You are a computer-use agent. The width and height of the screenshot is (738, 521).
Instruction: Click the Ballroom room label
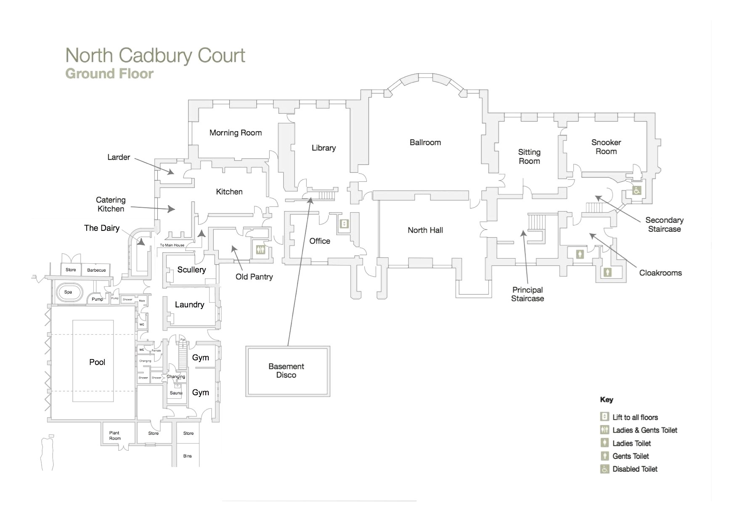pos(425,143)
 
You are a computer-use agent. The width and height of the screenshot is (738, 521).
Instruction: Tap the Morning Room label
pos(236,133)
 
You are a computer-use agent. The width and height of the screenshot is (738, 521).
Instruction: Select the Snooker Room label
pos(606,147)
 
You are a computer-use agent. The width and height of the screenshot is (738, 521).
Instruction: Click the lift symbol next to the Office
pos(344,224)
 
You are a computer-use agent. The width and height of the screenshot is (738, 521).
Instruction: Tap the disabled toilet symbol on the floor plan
pos(637,190)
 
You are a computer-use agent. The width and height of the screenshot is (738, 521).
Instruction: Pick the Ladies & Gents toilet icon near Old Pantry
pos(260,249)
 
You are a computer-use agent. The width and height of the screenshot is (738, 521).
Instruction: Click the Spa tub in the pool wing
pos(68,292)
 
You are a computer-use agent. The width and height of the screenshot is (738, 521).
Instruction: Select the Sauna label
pos(176,393)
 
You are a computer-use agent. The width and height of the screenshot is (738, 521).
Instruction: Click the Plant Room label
pos(115,436)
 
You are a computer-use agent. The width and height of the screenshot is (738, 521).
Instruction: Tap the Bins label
pos(188,456)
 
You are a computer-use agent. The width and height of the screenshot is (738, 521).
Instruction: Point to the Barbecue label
pos(96,270)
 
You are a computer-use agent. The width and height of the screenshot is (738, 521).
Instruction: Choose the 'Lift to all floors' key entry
pos(635,417)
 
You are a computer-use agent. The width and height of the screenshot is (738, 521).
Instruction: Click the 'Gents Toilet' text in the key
pos(630,456)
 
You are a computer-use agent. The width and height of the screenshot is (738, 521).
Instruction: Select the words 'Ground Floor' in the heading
pos(109,74)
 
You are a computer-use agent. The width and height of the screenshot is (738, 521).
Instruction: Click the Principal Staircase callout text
pos(527,294)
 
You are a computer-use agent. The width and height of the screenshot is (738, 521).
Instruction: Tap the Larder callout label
pos(119,157)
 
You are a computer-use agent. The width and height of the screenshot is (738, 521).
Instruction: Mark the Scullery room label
pos(191,270)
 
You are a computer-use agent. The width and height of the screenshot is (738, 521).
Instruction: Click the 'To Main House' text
pos(172,245)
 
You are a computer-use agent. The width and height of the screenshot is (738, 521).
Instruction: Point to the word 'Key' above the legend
pos(606,399)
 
